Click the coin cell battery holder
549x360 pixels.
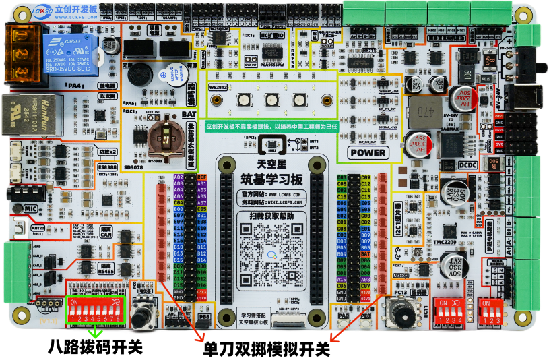164,136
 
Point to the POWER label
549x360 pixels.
368,152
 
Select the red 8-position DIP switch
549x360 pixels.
97,309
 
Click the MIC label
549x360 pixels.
30,209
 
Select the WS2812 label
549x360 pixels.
219,87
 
